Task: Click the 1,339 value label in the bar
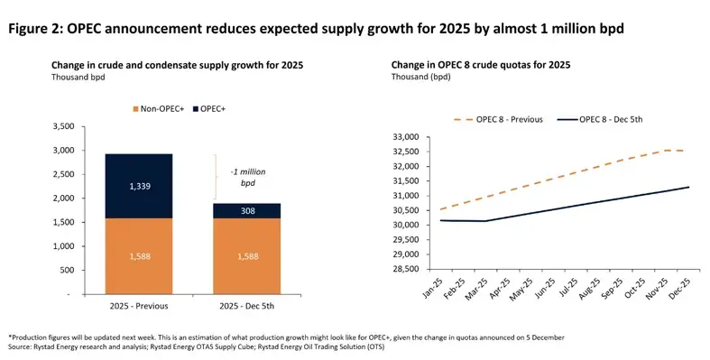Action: pos(139,186)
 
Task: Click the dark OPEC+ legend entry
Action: pos(208,109)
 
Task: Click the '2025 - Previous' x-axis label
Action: pos(139,309)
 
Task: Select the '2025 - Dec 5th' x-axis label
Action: pos(245,309)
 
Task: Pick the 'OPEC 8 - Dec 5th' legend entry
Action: pos(614,119)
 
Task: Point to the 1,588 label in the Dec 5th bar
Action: pos(245,256)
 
